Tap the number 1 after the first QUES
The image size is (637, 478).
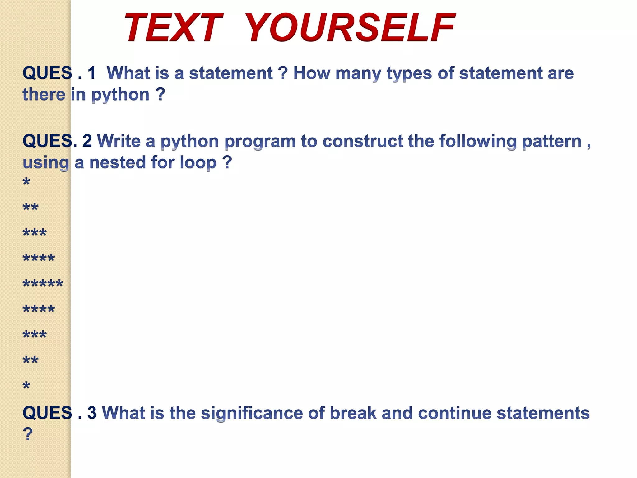tap(91, 73)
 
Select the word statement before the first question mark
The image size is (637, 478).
tap(231, 73)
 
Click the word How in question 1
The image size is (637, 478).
tap(311, 73)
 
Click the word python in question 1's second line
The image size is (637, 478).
tap(120, 95)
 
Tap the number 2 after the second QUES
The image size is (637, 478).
tap(87, 141)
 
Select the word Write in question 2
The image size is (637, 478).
tap(119, 141)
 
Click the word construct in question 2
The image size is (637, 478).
tap(362, 141)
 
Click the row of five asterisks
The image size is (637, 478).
tap(43, 284)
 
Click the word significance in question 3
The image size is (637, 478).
tap(251, 413)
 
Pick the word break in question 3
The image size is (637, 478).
tap(353, 413)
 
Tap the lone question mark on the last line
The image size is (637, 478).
tap(28, 434)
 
